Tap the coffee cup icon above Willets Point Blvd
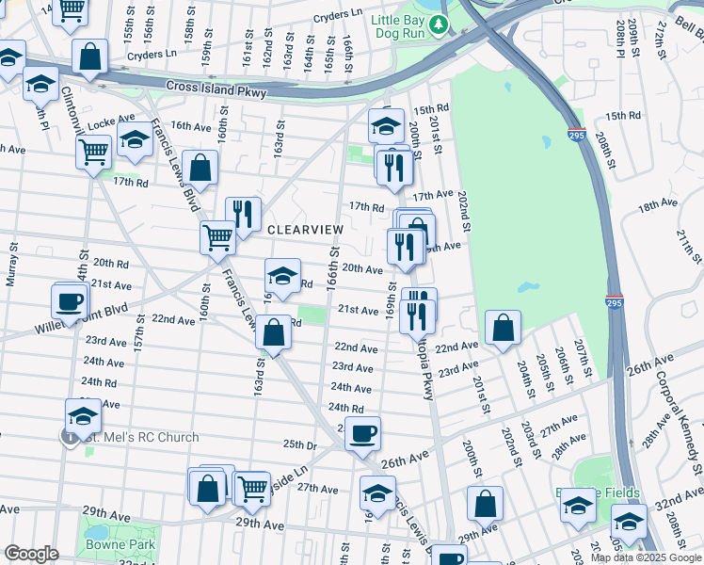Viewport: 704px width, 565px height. tap(70, 301)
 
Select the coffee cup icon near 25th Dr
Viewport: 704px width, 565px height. tap(362, 433)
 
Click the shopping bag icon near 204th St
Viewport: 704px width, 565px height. tap(504, 328)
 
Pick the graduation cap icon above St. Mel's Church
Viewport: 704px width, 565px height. tap(83, 415)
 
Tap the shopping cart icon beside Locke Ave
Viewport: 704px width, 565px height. tap(93, 151)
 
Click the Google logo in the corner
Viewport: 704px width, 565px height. tap(31, 554)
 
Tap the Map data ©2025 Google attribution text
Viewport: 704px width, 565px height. tap(645, 557)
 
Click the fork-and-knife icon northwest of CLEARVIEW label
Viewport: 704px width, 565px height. tap(243, 214)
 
